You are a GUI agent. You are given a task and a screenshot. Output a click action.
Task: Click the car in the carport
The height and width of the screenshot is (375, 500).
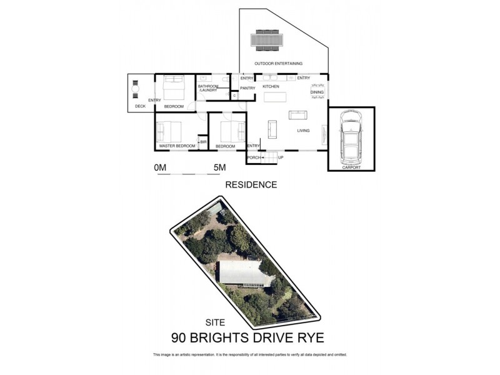pos(351,136)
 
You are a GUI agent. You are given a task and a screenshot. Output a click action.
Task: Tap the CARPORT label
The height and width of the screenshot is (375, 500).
pos(351,167)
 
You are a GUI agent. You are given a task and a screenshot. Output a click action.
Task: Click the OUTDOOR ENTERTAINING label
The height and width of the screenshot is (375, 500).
pos(278,64)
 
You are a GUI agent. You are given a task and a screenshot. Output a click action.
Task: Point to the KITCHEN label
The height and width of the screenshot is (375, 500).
pos(271,86)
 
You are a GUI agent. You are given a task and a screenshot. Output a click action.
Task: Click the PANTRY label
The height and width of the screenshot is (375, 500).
pos(247,88)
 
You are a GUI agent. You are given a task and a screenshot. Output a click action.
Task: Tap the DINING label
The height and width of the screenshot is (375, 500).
pos(317,92)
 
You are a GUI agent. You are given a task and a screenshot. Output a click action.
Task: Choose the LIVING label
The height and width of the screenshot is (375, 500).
pos(304,131)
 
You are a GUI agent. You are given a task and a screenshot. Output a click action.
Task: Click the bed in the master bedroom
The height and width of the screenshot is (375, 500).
pos(169,132)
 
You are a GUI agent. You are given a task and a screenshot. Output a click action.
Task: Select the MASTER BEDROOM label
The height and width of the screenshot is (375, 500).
pos(177,146)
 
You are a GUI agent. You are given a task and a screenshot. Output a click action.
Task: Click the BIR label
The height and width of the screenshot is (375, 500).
pos(203,142)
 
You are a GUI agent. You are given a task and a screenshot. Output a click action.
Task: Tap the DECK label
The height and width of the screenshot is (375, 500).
pos(141,106)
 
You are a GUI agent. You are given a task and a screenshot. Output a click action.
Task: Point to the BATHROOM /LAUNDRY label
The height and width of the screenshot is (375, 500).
pos(208,88)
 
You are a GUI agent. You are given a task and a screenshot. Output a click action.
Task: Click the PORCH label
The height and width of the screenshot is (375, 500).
pos(253,157)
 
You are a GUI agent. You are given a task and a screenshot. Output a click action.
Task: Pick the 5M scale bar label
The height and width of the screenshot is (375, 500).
pos(219,167)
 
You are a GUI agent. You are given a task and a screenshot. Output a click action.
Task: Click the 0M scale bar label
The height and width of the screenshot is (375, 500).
pos(161,167)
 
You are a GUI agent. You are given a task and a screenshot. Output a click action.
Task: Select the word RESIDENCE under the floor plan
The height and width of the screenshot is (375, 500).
pos(251,185)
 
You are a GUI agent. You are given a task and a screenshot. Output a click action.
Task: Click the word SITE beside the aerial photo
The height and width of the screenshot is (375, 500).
pos(216,323)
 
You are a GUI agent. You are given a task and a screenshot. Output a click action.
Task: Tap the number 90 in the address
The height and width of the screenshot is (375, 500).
pos(181,338)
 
